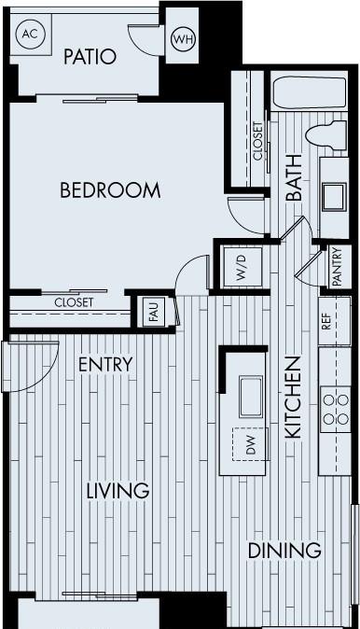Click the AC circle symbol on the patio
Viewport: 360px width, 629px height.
pos(30,35)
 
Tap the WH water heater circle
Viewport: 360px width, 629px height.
pos(183,39)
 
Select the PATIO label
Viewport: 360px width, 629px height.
pos(90,57)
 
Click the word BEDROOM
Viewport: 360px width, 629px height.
pos(110,189)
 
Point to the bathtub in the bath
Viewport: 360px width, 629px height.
pos(309,91)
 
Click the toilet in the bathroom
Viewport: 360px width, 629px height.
pos(325,135)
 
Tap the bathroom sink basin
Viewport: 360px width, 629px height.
pos(334,197)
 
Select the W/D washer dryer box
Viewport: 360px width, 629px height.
pos(242,267)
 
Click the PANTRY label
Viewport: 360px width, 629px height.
pos(337,267)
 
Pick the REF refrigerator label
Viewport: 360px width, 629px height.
pos(327,321)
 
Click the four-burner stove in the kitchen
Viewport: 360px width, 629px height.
pos(336,409)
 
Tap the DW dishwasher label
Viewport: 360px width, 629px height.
pos(251,445)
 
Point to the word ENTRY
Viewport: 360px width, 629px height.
pos(105,364)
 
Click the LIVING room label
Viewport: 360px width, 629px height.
pos(118,491)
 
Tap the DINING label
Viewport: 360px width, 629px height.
pos(284,551)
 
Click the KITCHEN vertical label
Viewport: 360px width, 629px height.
pos(293,398)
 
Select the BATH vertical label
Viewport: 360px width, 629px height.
pos(295,177)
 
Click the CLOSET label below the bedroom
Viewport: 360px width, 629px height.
pos(74,302)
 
